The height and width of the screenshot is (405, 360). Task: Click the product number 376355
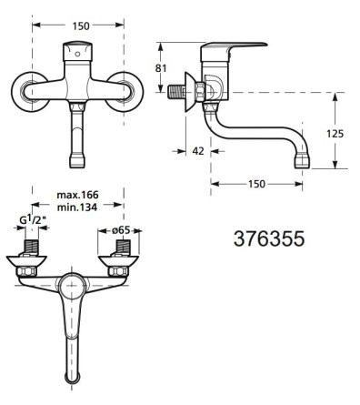tap(269, 238)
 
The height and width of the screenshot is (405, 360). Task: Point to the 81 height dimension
tap(161, 68)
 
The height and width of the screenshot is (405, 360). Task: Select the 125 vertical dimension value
tap(335, 134)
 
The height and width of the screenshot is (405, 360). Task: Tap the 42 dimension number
tap(198, 151)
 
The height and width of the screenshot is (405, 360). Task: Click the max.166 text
tap(78, 195)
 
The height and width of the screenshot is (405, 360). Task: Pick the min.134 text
tap(77, 208)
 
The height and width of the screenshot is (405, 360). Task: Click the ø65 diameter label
tap(121, 230)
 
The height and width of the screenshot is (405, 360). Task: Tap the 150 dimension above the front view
tap(81, 26)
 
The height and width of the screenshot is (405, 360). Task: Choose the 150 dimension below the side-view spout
tap(256, 184)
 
